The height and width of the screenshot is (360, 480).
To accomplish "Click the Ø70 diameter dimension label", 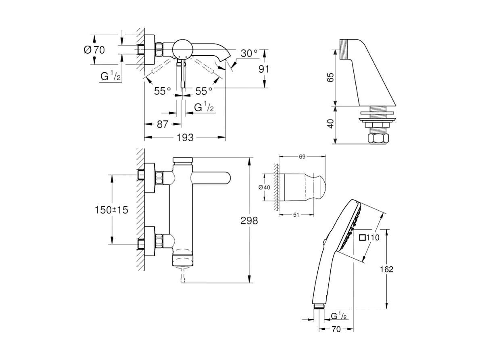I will point(94,50).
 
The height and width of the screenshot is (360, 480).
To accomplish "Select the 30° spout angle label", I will point(249,53).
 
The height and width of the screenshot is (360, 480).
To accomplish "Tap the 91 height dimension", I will point(263,69).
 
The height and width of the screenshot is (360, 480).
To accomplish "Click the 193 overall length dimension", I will point(185,137).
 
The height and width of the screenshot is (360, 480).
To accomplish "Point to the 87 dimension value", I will point(162,124).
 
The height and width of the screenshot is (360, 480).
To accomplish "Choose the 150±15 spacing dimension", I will point(111,210).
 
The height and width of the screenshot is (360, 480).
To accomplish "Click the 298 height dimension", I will point(249,220).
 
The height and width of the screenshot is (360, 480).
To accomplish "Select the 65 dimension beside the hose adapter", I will point(330,78).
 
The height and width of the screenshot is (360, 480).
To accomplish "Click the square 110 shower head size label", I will point(369,238).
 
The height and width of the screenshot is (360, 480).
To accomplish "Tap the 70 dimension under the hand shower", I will point(336,329).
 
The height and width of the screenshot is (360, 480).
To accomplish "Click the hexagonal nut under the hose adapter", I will point(379,139).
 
